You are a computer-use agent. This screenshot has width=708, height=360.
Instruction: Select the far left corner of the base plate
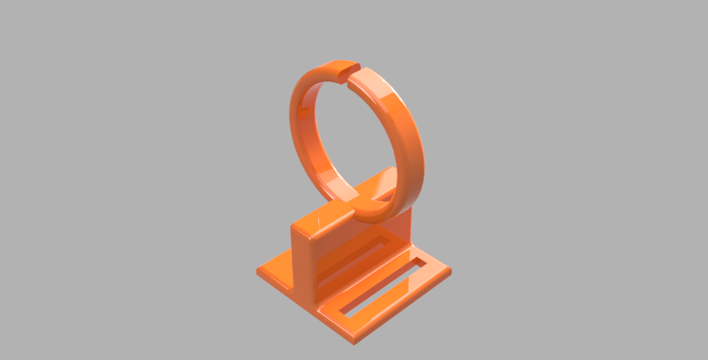coord(259,271)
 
